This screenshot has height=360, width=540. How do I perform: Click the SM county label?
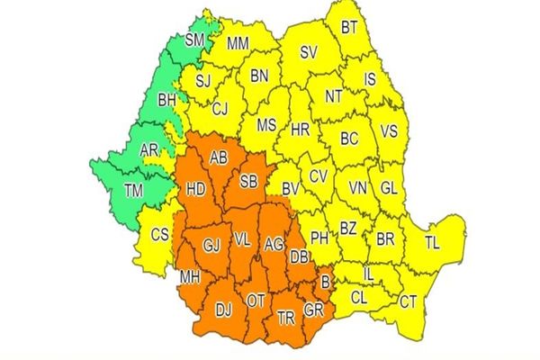(x=194, y=40)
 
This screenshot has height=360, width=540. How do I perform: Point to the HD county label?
(x=193, y=190)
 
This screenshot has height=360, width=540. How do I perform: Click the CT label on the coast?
(x=408, y=301)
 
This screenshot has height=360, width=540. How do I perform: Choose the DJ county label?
(x=224, y=310)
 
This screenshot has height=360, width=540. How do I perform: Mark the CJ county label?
(x=220, y=110)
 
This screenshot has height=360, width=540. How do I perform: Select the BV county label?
(x=290, y=189)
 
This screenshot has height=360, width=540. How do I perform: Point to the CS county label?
(x=159, y=235)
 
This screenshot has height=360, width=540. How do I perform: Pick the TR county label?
(x=286, y=317)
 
